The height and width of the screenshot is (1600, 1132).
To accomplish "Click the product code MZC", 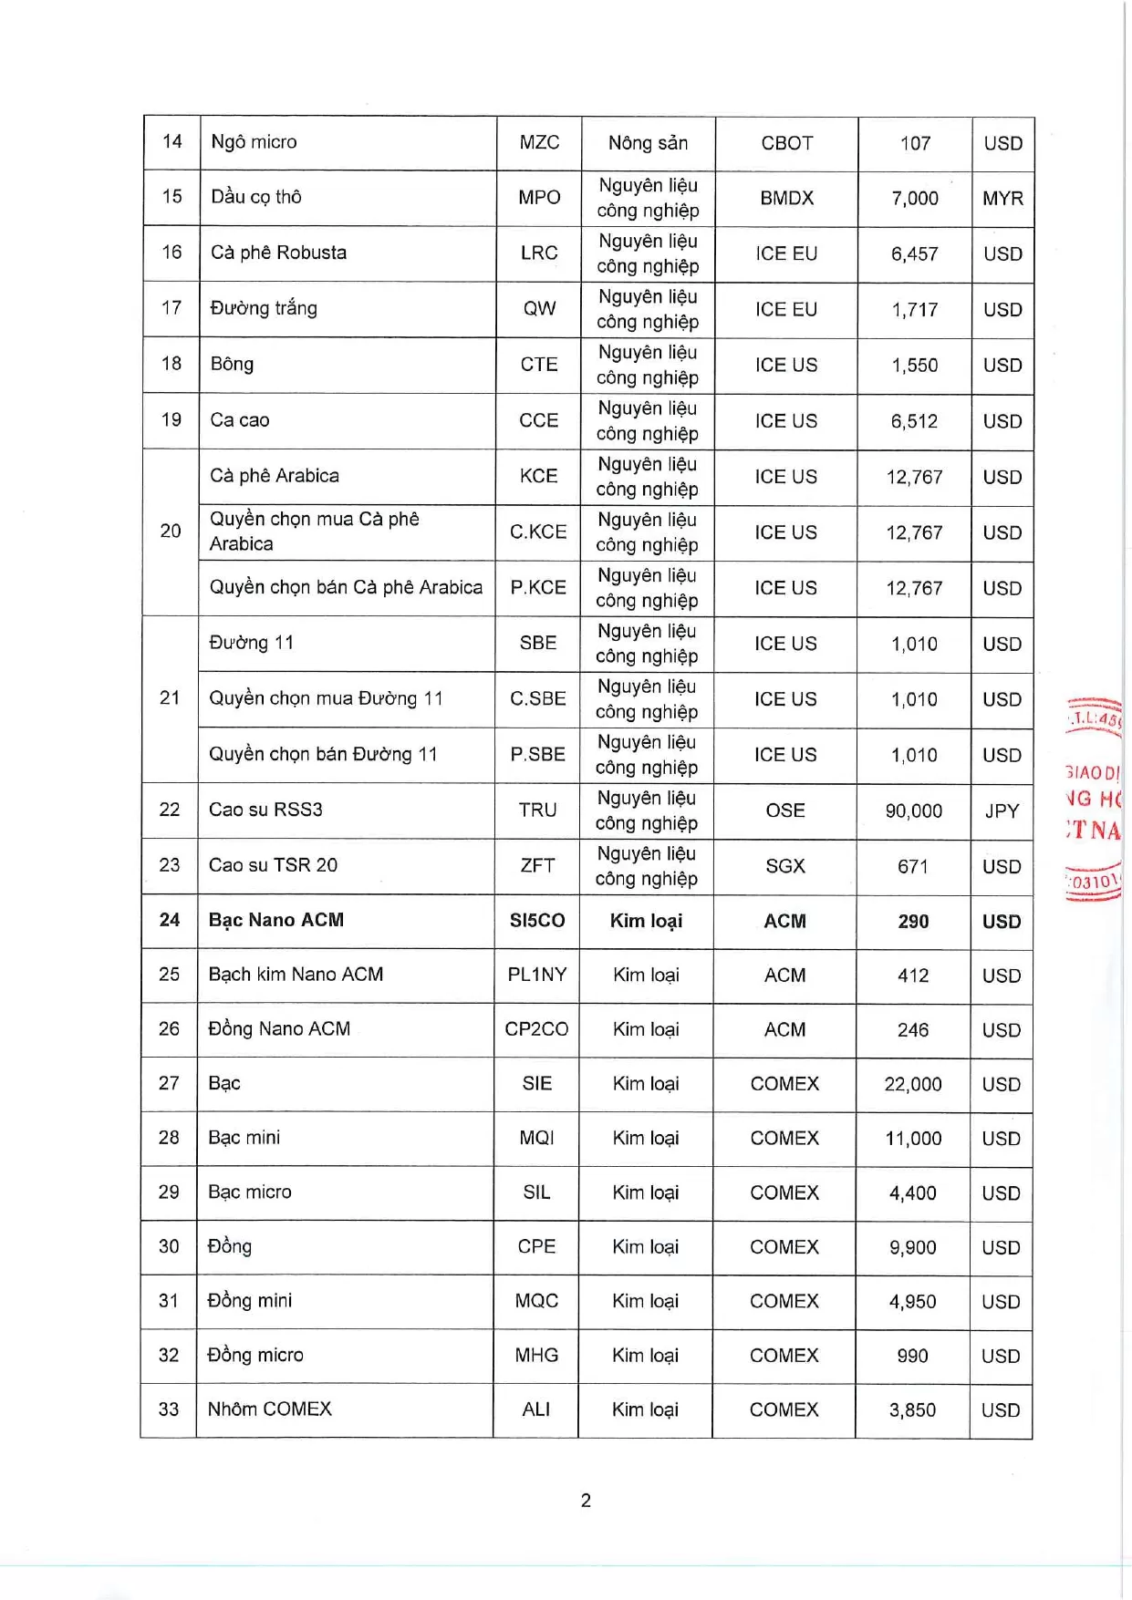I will click(x=539, y=142).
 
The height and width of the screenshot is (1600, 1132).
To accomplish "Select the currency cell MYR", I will click(x=1002, y=198).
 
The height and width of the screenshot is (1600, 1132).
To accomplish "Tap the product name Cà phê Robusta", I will click(x=278, y=253).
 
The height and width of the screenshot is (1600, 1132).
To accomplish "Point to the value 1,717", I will click(x=915, y=310).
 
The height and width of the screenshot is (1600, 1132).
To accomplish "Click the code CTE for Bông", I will click(x=539, y=365).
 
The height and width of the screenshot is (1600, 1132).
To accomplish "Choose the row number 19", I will click(x=171, y=420).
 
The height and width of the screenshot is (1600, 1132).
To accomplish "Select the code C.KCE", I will click(x=538, y=532).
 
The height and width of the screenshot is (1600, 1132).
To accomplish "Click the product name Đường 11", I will click(x=252, y=643).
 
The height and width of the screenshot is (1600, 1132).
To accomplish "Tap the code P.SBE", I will click(x=537, y=755).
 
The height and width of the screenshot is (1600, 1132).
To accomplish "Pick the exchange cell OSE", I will click(x=785, y=810).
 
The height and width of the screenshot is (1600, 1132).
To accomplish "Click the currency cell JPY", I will click(x=1002, y=810).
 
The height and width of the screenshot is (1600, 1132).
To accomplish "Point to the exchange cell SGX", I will click(x=785, y=866).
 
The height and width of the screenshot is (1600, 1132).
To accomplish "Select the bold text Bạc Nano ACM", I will click(x=275, y=920).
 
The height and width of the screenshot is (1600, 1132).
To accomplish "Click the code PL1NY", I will click(x=537, y=975).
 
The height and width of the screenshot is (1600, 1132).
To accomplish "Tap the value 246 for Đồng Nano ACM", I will click(x=913, y=1030).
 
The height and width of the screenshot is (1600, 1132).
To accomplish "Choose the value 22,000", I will click(x=913, y=1084).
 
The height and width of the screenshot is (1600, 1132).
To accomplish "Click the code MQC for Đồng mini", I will click(x=536, y=1301).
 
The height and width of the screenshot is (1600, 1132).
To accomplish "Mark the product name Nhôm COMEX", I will click(x=269, y=1409).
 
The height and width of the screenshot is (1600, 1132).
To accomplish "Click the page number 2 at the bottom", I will click(x=586, y=1501).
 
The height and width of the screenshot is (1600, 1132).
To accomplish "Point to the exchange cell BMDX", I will click(x=786, y=198).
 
